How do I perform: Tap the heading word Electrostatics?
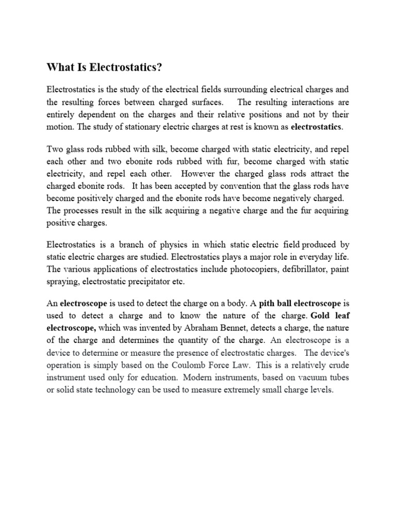click(117, 67)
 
